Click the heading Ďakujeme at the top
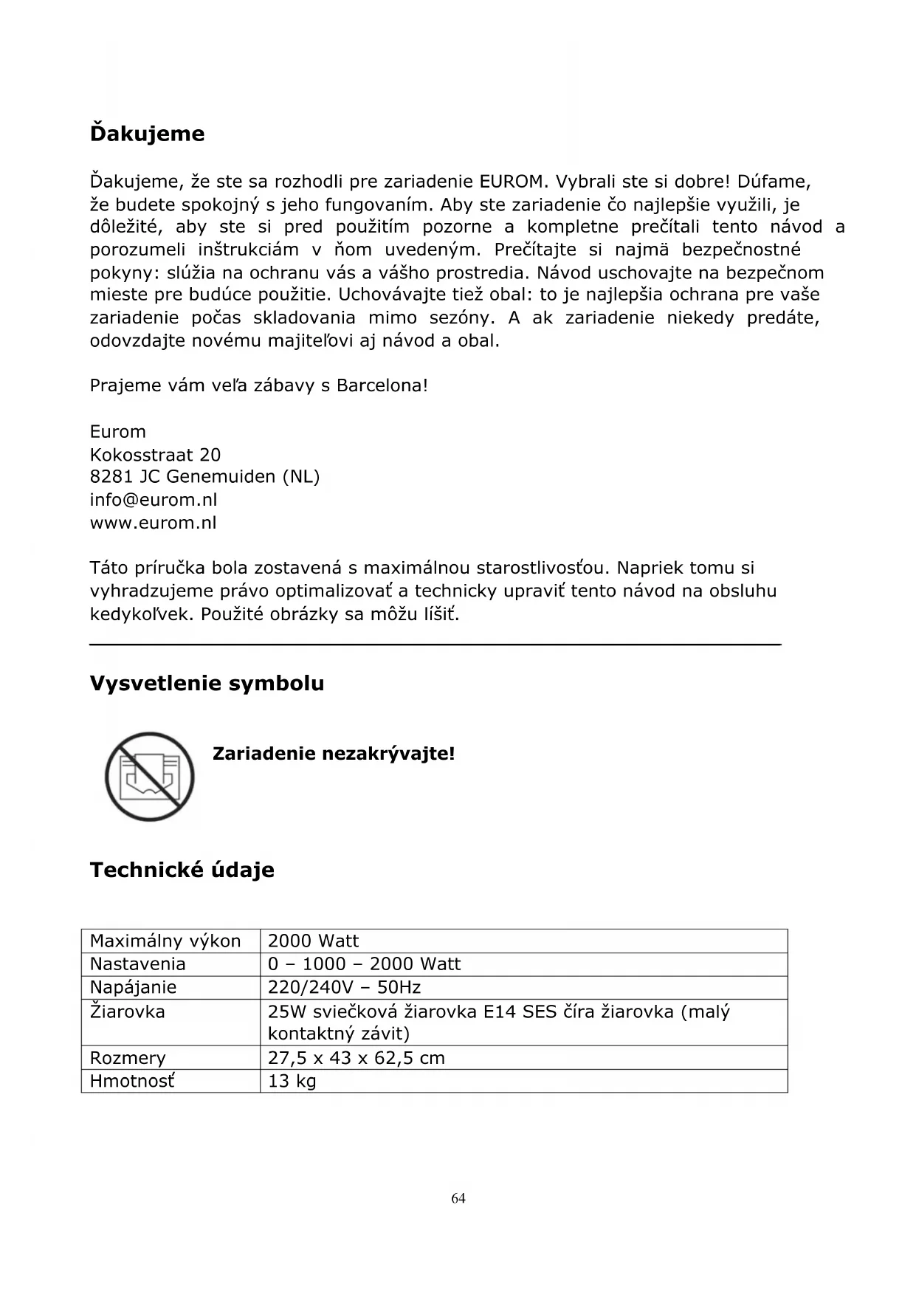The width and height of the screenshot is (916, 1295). [147, 134]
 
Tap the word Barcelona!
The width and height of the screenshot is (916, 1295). [382, 385]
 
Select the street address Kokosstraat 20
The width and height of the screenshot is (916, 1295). [155, 455]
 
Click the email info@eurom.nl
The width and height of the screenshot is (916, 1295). [154, 500]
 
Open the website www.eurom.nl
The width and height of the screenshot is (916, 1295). [153, 523]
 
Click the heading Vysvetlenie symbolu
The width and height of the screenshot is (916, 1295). [207, 684]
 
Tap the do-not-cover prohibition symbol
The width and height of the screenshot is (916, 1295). [149, 776]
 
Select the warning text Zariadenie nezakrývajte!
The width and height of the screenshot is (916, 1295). [334, 754]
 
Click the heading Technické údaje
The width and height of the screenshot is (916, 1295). [182, 870]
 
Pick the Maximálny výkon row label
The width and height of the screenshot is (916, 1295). [165, 941]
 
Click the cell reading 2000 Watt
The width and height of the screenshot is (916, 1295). [313, 941]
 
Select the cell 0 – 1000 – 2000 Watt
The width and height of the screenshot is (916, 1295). [364, 964]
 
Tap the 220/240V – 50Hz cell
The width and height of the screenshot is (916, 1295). [344, 988]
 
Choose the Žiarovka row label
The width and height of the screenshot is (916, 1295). [127, 1011]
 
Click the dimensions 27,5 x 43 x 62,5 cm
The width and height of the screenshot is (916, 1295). [356, 1058]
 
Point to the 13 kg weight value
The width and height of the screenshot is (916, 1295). [292, 1082]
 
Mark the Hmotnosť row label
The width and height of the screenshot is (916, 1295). [132, 1082]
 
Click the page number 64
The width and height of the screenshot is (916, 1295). [458, 1198]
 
